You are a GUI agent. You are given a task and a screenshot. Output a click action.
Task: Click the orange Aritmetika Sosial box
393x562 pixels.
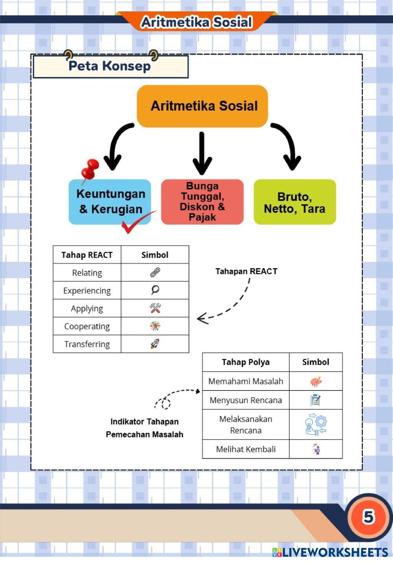(202, 106)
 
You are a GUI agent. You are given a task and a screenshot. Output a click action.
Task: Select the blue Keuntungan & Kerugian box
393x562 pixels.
(110, 202)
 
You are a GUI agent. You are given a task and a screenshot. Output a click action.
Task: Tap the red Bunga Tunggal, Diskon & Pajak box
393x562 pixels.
(202, 202)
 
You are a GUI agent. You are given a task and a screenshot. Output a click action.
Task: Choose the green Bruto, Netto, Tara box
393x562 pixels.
(295, 202)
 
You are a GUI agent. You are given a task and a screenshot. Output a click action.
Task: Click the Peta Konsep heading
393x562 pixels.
(110, 66)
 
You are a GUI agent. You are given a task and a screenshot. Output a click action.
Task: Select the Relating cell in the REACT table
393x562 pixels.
(87, 273)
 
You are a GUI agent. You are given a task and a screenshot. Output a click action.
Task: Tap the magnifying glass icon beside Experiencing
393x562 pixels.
(155, 290)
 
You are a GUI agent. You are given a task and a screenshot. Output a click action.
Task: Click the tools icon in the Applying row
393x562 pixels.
(155, 308)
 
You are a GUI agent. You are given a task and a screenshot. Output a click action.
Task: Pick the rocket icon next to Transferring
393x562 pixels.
(155, 344)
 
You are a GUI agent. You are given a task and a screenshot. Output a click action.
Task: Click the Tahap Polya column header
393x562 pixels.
(245, 362)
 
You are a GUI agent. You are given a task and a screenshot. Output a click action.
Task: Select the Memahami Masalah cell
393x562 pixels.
(245, 381)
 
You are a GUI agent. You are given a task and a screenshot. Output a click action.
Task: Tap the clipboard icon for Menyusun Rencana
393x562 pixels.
(316, 400)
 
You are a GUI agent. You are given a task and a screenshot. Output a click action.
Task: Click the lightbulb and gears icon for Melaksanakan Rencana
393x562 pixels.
(316, 424)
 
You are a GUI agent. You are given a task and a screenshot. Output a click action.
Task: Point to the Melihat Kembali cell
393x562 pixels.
(245, 449)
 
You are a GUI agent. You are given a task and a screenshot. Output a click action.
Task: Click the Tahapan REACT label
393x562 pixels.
(246, 271)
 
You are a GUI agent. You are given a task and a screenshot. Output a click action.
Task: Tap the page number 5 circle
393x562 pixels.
(368, 517)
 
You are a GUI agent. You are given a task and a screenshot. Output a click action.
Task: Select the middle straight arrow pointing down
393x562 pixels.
(202, 153)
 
